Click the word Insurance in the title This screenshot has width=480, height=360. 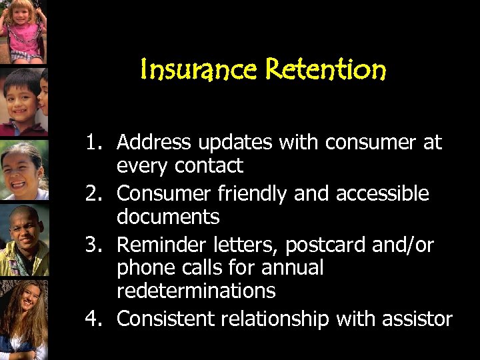(x=200, y=69)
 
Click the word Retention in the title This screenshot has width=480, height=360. (x=325, y=69)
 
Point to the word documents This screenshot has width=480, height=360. (x=168, y=217)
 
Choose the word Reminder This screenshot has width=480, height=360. (x=158, y=245)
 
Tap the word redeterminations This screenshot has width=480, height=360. (x=196, y=290)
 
